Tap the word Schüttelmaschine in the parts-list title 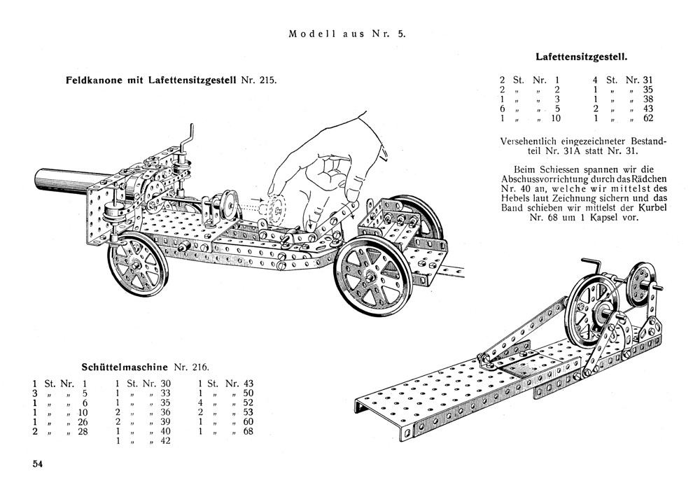pos(124,367)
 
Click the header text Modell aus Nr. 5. pos(347,33)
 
